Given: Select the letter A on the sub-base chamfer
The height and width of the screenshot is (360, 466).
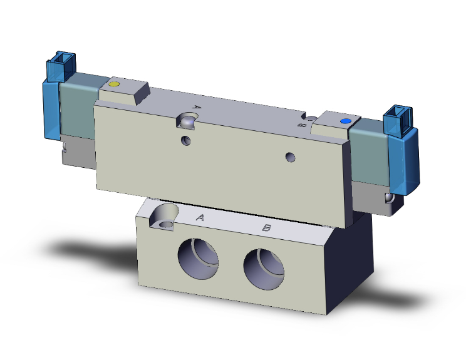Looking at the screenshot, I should (200, 217).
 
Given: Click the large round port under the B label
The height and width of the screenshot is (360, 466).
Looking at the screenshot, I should (264, 265).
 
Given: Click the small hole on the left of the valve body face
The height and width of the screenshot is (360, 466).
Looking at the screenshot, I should (186, 140).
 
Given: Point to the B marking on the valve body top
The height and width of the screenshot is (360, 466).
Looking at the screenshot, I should (302, 125).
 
